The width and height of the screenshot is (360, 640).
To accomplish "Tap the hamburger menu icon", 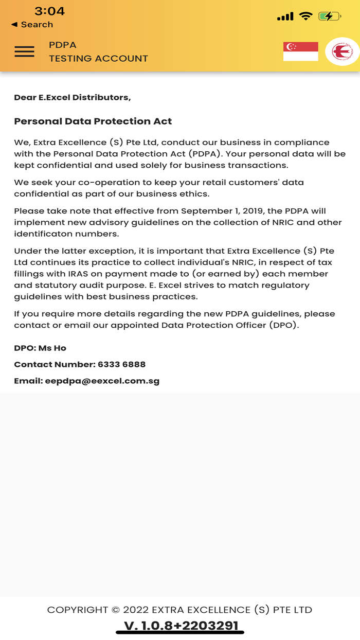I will [x=25, y=51].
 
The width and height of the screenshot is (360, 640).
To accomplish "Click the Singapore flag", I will [x=300, y=51].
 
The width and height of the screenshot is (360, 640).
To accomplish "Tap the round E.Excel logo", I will [x=342, y=51].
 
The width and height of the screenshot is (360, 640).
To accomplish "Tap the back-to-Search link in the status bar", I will [x=32, y=25].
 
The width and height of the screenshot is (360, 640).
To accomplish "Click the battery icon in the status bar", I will [x=329, y=16].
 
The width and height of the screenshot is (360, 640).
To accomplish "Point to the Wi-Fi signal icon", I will [x=305, y=16].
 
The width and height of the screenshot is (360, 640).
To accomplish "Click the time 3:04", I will [x=49, y=11].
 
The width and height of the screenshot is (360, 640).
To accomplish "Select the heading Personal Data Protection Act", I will [x=93, y=121].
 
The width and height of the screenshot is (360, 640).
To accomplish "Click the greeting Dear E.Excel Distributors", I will [x=72, y=97].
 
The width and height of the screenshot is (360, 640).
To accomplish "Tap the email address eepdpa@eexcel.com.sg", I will [x=102, y=381].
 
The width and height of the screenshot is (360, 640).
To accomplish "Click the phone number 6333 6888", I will [x=121, y=364].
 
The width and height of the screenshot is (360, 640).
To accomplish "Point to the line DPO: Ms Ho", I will [x=40, y=348].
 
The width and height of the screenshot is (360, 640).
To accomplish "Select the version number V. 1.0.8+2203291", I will [x=181, y=626].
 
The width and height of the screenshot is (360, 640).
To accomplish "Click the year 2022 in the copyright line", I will [x=136, y=610].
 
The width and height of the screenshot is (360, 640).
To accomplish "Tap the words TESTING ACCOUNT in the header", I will [x=98, y=59].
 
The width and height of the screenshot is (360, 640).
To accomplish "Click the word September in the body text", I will [x=206, y=211].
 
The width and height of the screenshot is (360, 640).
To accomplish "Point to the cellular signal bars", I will [x=285, y=17].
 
